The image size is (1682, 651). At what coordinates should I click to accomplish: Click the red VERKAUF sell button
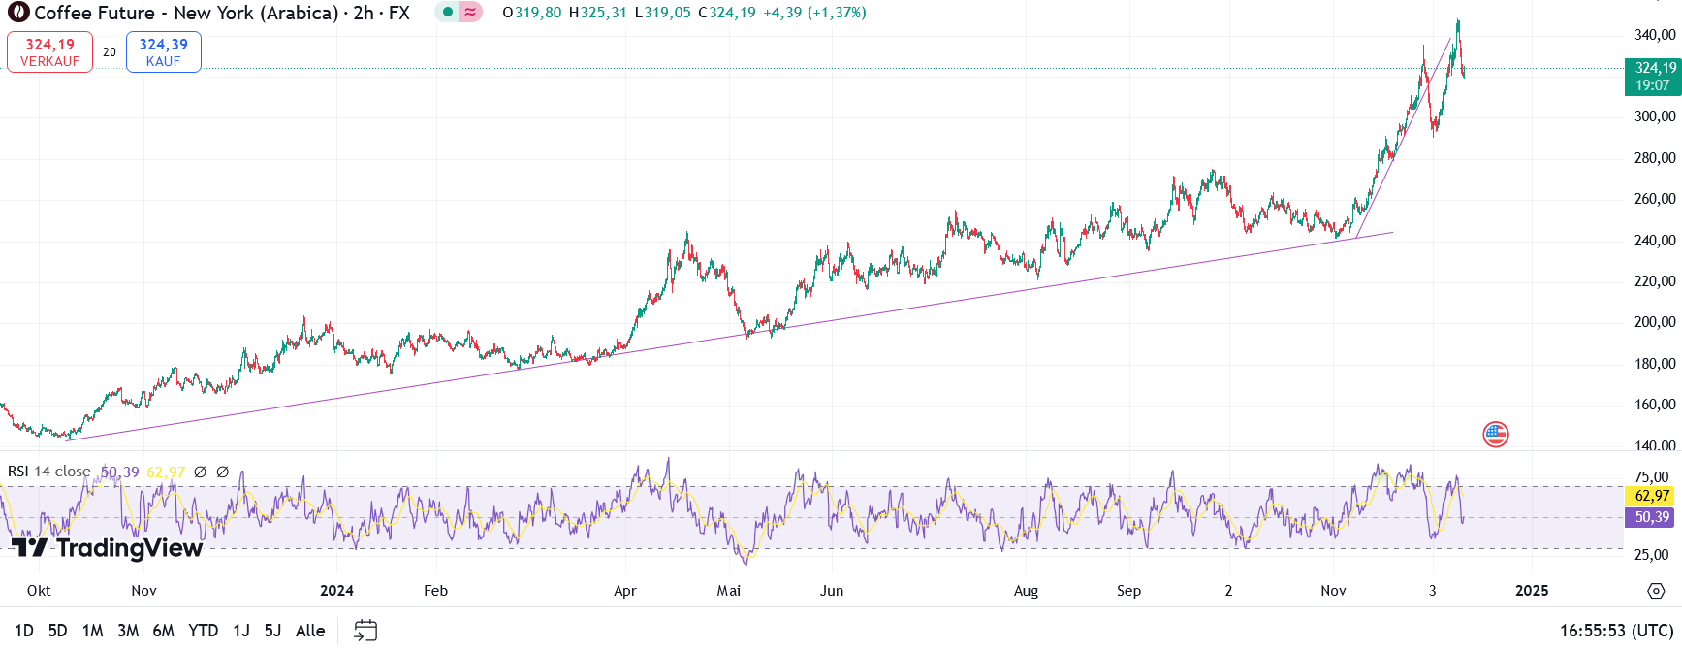tap(49, 52)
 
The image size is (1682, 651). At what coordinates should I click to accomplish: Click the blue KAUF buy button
tap(163, 52)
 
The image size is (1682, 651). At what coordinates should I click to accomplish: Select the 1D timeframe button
tap(24, 631)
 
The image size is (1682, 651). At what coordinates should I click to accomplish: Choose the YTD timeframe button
tap(203, 631)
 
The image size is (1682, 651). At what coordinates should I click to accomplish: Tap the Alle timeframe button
tap(309, 631)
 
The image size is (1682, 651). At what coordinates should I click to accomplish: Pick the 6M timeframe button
tap(163, 631)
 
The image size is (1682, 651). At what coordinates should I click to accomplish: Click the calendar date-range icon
tap(365, 631)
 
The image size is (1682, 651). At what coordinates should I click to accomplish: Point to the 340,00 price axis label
tap(1655, 35)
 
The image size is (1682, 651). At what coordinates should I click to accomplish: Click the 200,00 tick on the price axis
tap(1655, 322)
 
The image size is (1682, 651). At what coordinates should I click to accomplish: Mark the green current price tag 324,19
tap(1653, 77)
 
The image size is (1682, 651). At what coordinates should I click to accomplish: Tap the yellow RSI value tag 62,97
tap(1652, 496)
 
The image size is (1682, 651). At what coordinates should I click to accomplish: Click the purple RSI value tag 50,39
tap(1652, 517)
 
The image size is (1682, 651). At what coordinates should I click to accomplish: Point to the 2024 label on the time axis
tap(336, 591)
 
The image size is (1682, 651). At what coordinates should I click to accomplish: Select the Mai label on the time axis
tap(728, 591)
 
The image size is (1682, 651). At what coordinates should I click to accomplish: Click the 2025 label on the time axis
tap(1532, 591)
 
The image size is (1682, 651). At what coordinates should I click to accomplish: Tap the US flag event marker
tap(1496, 435)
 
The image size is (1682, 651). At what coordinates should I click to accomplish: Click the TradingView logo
tap(107, 548)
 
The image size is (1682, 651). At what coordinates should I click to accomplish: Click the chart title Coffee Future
tap(94, 14)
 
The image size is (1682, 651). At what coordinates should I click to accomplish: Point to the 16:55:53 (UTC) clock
tap(1616, 631)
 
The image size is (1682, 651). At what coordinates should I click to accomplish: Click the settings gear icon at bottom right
tap(1656, 591)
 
